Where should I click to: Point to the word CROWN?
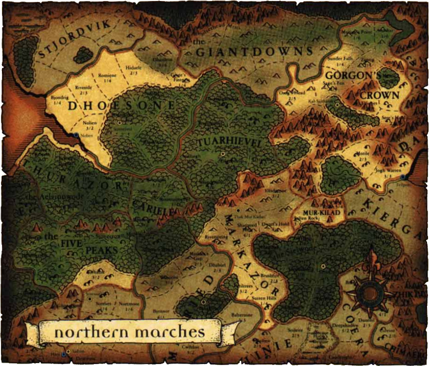point(379,95)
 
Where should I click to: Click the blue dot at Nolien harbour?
point(76,135)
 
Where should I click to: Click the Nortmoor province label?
point(127,303)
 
